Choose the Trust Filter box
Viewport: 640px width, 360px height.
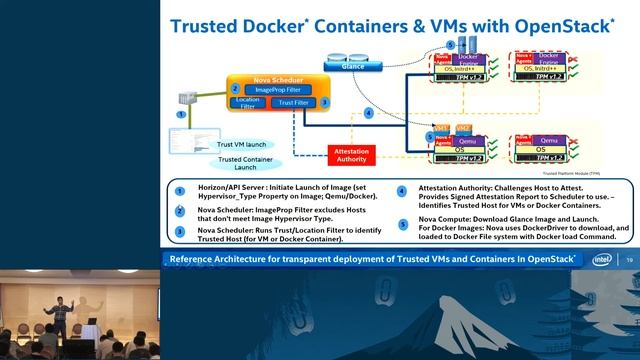[x=294, y=102]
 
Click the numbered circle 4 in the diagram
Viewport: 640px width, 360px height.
[x=369, y=113]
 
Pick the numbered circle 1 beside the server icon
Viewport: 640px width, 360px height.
[x=181, y=115]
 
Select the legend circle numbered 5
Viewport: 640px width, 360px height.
[x=401, y=220]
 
